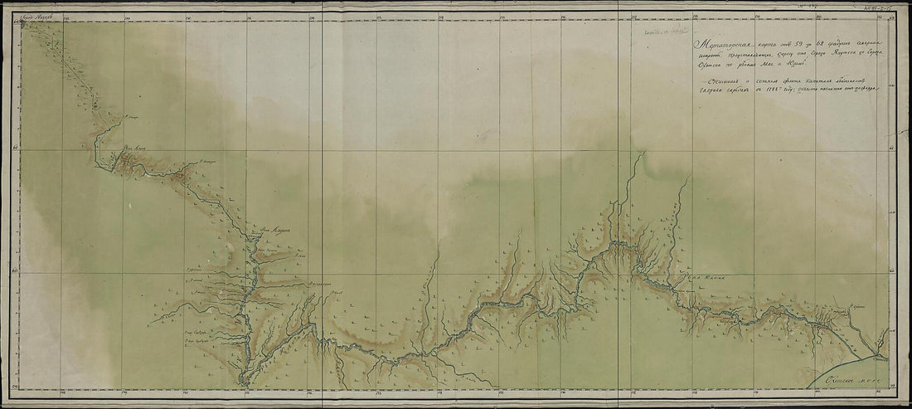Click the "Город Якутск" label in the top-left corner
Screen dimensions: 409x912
click(x=36, y=16)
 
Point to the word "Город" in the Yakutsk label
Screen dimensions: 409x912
click(x=28, y=16)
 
